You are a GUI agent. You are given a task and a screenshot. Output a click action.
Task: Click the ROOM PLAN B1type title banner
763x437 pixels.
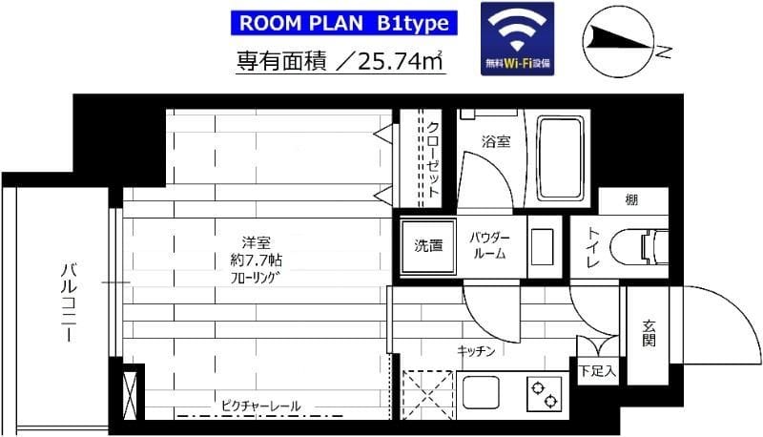tap(341, 21)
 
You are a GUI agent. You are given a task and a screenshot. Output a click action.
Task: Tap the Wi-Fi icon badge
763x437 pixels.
tap(518, 36)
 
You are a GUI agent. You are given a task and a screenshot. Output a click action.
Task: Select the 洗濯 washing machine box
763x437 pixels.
tap(428, 245)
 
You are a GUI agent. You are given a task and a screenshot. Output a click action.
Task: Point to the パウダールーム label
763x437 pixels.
tap(490, 245)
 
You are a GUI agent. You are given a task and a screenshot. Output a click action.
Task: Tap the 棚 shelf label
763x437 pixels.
tap(631, 199)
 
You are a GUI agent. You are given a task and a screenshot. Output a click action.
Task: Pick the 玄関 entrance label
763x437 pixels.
tap(650, 331)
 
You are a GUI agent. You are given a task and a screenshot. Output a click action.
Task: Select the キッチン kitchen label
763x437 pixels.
tap(476, 351)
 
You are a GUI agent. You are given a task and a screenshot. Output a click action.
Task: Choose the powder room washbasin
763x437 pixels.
tap(546, 245)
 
